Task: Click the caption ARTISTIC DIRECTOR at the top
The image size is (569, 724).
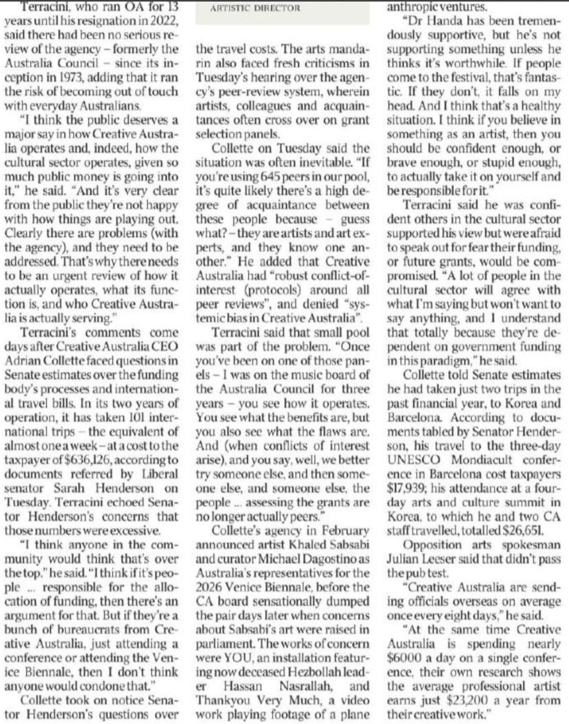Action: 252,8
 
